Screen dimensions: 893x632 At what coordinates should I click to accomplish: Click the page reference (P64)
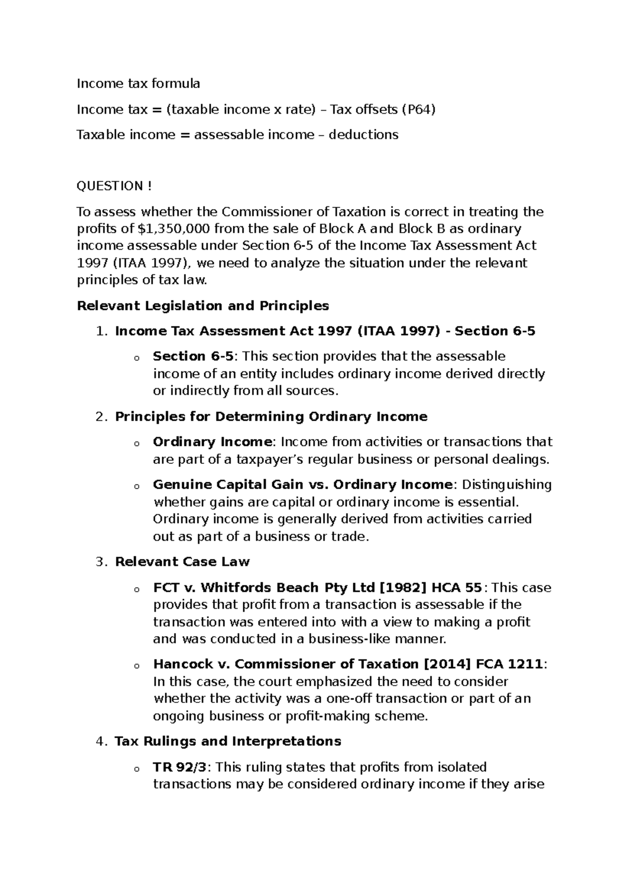point(419,110)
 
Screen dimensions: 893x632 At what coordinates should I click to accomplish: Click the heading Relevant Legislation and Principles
point(203,305)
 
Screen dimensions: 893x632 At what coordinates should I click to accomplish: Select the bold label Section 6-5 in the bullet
point(193,356)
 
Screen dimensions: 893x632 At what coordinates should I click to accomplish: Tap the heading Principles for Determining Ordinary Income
point(271,416)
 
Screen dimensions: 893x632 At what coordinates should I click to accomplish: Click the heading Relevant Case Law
point(182,562)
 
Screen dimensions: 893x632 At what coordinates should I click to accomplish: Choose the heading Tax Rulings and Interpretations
point(228,741)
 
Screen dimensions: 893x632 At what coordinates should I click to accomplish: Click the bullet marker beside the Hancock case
point(136,666)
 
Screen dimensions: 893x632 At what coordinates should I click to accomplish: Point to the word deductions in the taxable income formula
point(363,135)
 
